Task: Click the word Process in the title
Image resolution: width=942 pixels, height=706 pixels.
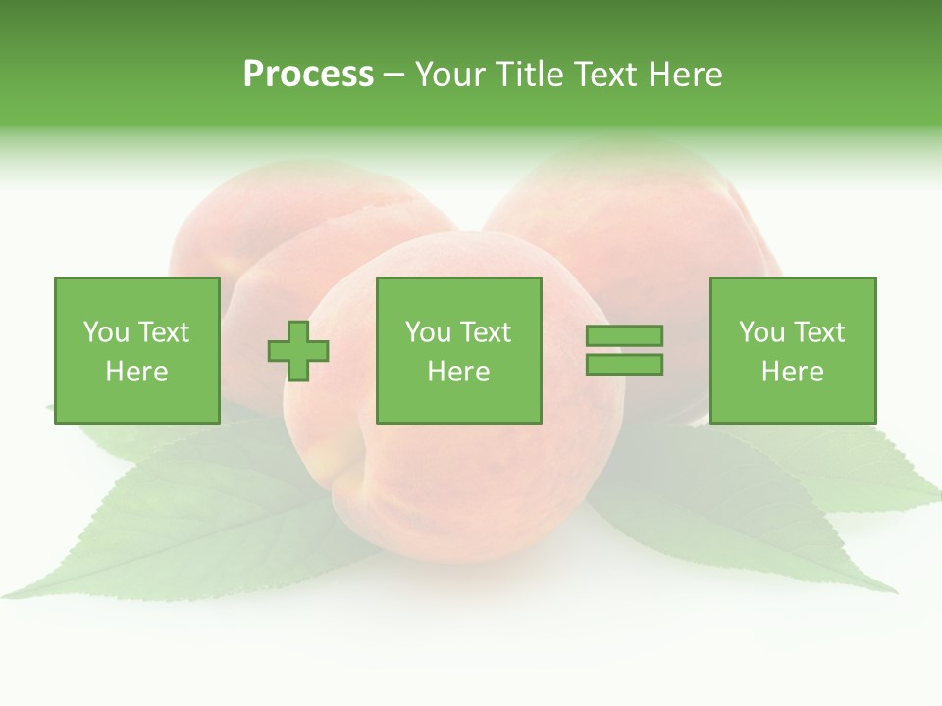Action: pyautogui.click(x=308, y=75)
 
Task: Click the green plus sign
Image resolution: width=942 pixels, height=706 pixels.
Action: pyautogui.click(x=298, y=351)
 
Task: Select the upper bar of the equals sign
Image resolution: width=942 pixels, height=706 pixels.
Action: pyautogui.click(x=624, y=336)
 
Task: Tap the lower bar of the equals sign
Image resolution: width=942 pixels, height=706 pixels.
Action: pyautogui.click(x=624, y=365)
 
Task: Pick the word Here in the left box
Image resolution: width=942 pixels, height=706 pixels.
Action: pyautogui.click(x=136, y=372)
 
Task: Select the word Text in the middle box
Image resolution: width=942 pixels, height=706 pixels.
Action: pyautogui.click(x=485, y=332)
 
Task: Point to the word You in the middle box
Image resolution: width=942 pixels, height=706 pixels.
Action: pyautogui.click(x=428, y=332)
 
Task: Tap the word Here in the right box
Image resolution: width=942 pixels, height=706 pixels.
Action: pyautogui.click(x=792, y=372)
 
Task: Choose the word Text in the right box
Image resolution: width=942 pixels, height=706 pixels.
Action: pyautogui.click(x=818, y=332)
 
